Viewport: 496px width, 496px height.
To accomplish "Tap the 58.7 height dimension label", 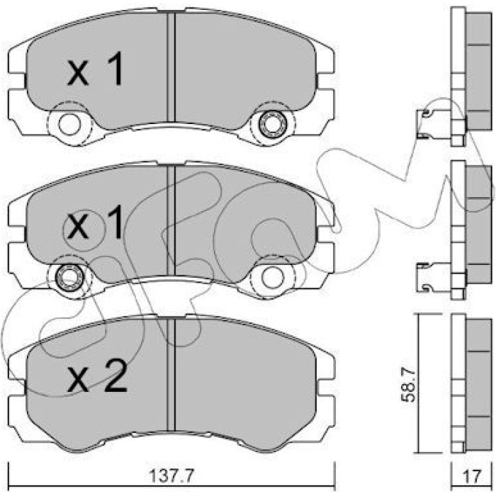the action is coord(408,384).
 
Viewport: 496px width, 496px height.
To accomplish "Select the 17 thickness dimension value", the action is coord(472,475).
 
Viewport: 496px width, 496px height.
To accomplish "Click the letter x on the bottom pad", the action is coord(77,381).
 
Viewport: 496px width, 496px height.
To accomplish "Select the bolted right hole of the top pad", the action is coord(271,124).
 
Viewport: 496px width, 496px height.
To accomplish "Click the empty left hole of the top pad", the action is coord(69,124).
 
